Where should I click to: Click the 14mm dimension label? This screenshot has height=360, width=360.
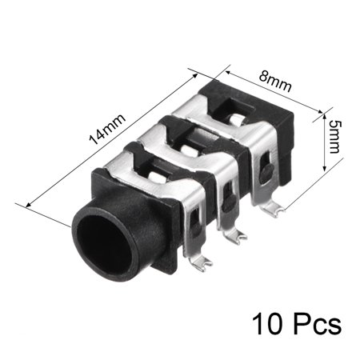tap(107, 130)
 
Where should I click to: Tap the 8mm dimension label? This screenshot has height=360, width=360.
tap(275, 82)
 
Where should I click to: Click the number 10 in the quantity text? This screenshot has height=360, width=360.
tap(267, 324)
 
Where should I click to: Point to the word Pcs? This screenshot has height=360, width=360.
tap(318, 324)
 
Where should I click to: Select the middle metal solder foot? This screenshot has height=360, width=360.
tap(234, 235)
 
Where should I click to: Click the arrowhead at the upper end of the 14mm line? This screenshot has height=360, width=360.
tap(195, 75)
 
